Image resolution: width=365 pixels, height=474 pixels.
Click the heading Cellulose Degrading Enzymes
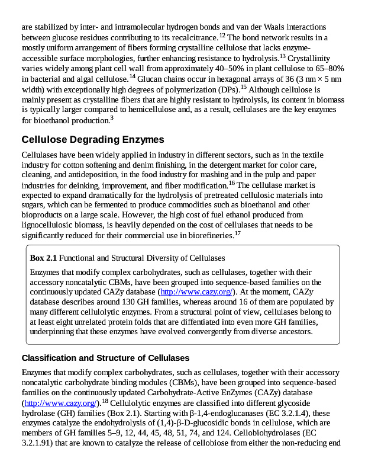92,140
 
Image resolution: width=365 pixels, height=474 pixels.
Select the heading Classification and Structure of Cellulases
105,358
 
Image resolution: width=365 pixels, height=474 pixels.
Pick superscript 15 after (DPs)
243,87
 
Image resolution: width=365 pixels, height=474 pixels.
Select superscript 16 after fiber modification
232,182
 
